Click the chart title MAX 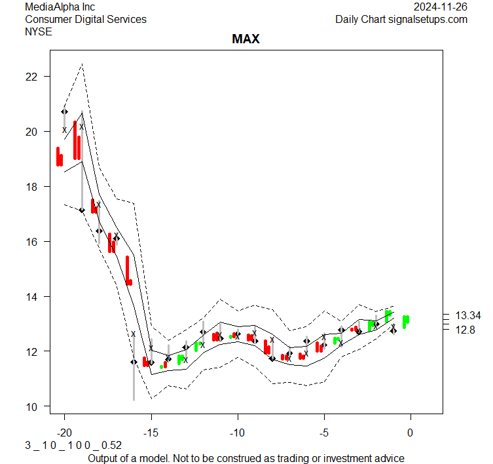246,39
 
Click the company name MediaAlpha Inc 60,7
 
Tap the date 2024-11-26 441,7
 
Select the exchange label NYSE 39,31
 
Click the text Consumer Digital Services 86,19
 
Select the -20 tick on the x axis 64,433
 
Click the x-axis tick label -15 151,433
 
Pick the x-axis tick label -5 323,433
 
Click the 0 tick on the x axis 411,433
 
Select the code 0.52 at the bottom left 111,445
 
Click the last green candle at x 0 406,321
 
